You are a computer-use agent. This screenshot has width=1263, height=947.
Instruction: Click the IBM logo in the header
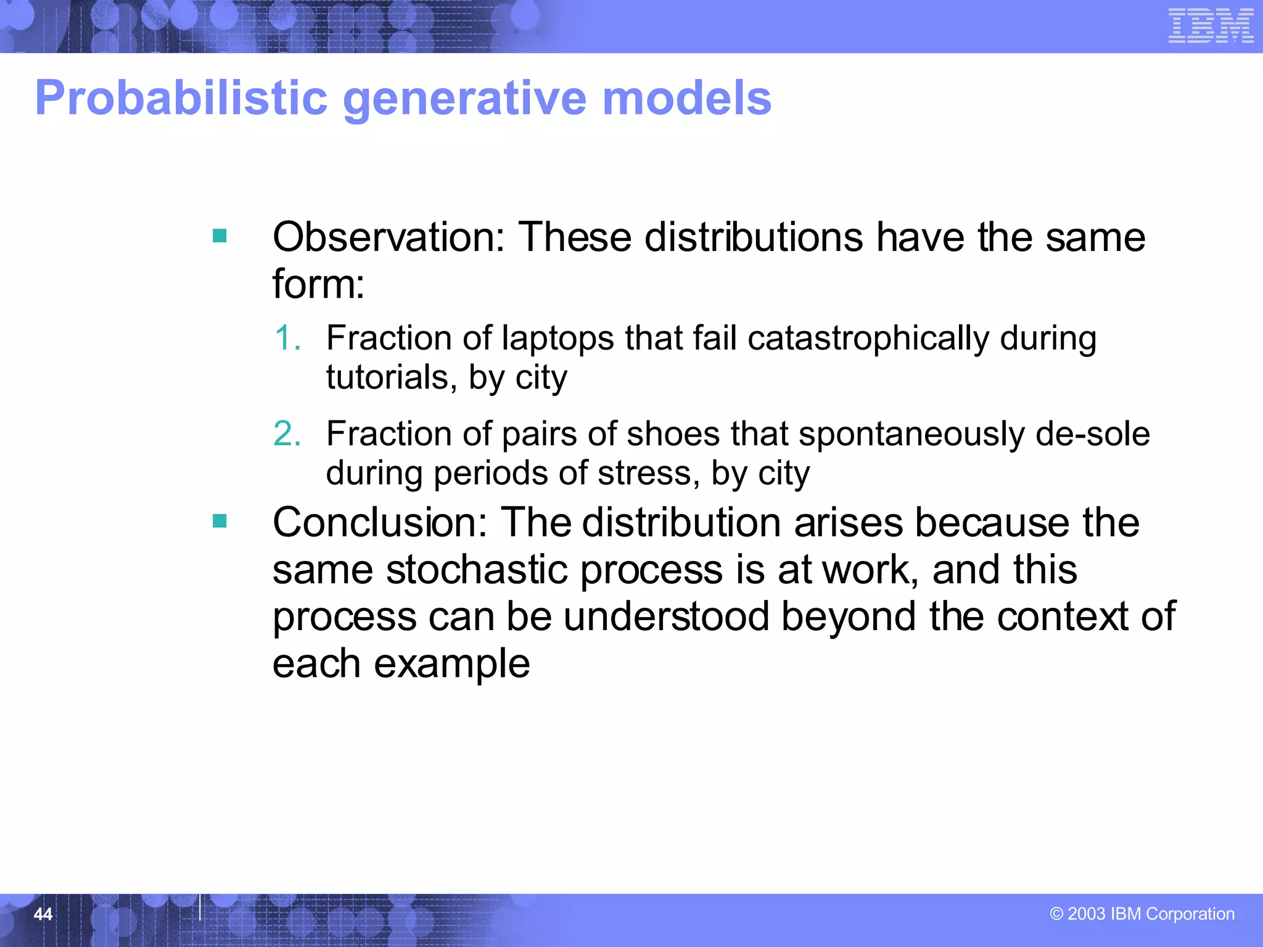[x=1211, y=26]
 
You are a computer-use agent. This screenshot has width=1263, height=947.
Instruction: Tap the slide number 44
[x=43, y=914]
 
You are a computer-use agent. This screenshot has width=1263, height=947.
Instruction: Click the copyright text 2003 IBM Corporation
[x=1142, y=914]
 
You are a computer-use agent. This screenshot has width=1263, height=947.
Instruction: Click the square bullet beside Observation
[x=220, y=236]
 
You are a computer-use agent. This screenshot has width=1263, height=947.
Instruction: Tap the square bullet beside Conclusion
[x=220, y=522]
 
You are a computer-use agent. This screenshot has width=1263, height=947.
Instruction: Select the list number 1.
[x=287, y=338]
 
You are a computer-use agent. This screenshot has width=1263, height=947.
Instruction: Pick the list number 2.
[x=287, y=433]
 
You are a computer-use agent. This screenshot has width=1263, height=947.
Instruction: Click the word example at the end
[x=451, y=664]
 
